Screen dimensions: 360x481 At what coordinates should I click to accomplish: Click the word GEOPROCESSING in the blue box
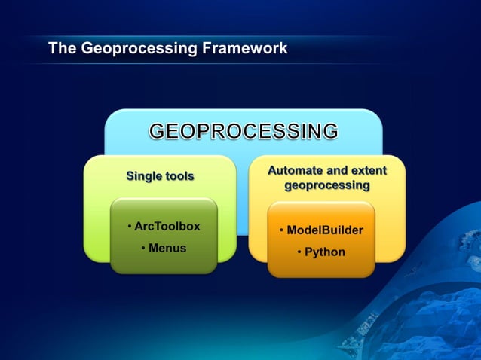[x=243, y=131]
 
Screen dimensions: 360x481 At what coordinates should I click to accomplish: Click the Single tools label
[x=160, y=176]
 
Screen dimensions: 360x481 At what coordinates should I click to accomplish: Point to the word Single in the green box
[x=143, y=176]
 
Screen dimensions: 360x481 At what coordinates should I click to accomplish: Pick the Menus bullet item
[x=167, y=248]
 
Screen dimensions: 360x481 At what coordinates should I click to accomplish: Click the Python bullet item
[x=325, y=252]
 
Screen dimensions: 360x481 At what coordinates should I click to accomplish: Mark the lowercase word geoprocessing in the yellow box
[x=327, y=185]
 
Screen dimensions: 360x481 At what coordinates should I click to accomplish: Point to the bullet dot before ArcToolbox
[x=130, y=227]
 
